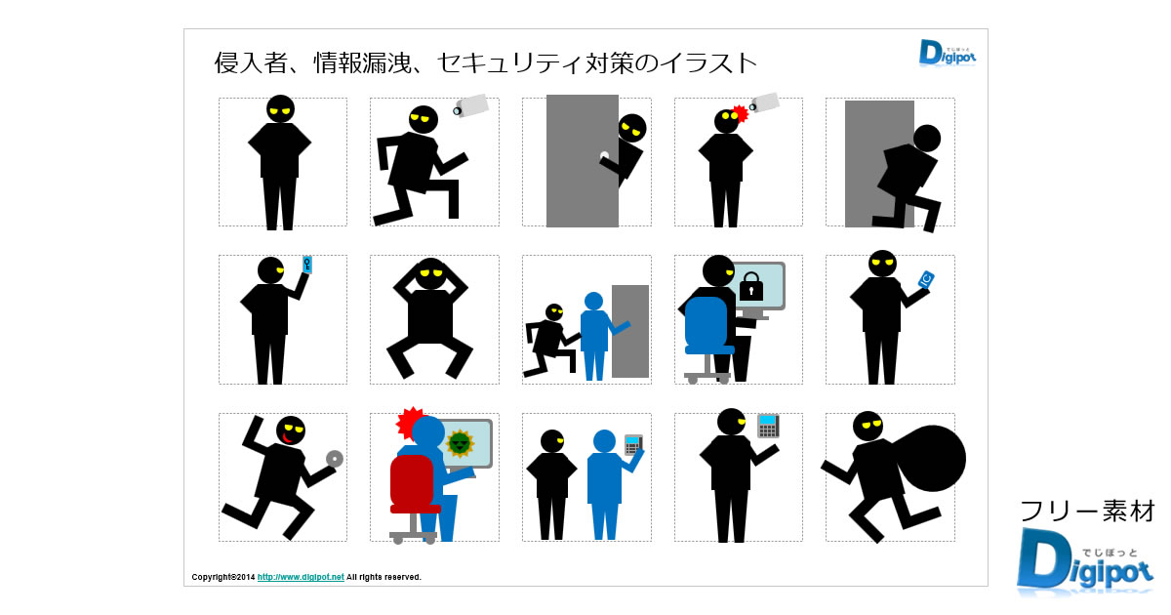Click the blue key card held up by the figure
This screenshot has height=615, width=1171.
[x=307, y=265]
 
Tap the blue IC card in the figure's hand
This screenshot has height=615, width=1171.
[x=926, y=279]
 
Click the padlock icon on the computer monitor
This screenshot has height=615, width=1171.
[x=751, y=287]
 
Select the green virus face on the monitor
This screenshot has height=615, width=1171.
[x=460, y=443]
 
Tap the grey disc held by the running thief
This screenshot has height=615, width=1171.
[x=335, y=459]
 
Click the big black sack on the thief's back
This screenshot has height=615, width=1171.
[x=931, y=458]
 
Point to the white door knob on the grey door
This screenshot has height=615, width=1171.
[x=604, y=155]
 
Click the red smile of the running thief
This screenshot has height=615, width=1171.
[x=286, y=437]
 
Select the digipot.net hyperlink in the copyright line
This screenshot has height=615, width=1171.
[x=301, y=577]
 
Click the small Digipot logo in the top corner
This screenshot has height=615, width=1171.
[x=948, y=53]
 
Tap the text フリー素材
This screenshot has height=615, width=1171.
[x=1087, y=511]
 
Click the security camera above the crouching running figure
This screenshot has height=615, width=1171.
[x=470, y=105]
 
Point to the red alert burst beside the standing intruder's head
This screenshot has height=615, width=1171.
[x=740, y=114]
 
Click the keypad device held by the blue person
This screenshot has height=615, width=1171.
[x=633, y=444]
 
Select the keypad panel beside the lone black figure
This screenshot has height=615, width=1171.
[x=769, y=426]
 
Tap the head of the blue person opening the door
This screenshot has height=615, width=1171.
[x=593, y=302]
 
